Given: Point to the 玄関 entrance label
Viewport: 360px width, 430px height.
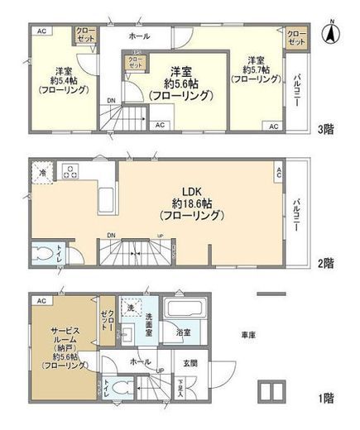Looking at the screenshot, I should [x=190, y=361].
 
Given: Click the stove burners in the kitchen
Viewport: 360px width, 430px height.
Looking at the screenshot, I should [x=71, y=174].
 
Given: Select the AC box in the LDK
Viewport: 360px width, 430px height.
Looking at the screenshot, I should [x=278, y=172].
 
